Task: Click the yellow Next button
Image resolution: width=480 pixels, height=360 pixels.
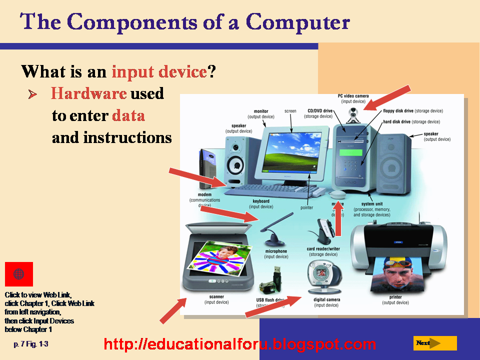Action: coord(434,343)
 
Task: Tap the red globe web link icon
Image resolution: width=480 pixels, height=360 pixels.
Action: coord(19,274)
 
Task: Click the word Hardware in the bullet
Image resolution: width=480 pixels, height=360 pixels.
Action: coord(88,93)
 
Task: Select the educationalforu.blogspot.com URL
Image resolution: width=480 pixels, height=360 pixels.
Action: coord(239,344)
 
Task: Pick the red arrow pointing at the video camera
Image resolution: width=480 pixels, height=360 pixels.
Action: coord(387,97)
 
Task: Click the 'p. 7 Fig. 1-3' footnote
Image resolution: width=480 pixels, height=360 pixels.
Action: coord(31,344)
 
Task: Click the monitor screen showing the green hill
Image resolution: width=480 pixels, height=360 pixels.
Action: coord(292,150)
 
